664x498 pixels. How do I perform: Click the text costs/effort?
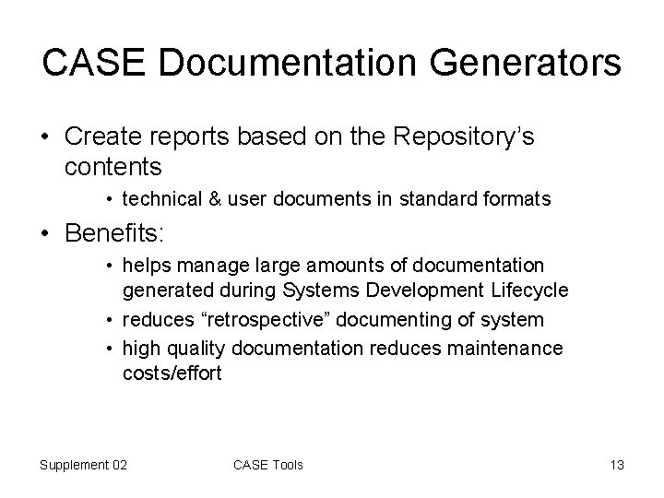tap(172, 374)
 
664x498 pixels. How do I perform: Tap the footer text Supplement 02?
tap(84, 464)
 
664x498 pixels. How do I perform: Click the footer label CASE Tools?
tap(268, 464)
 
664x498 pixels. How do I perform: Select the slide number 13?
tap(616, 464)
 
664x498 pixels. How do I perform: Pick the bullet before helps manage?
tap(109, 266)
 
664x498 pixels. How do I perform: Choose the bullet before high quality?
tap(109, 349)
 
